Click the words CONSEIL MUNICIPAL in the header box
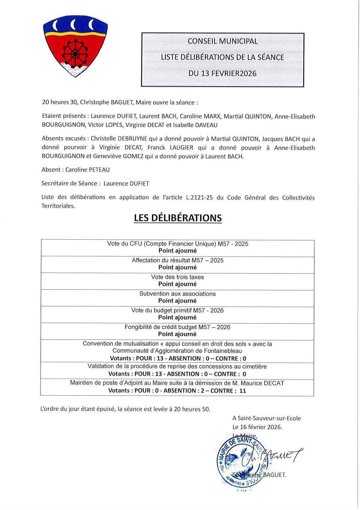[223, 41]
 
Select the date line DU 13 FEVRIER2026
[223, 73]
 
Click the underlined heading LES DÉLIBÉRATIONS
[178, 218]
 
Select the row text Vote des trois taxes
[177, 277]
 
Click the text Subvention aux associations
[177, 294]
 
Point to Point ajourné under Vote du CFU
[177, 251]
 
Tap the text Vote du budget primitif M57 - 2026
[177, 310]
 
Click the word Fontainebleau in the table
[223, 351]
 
